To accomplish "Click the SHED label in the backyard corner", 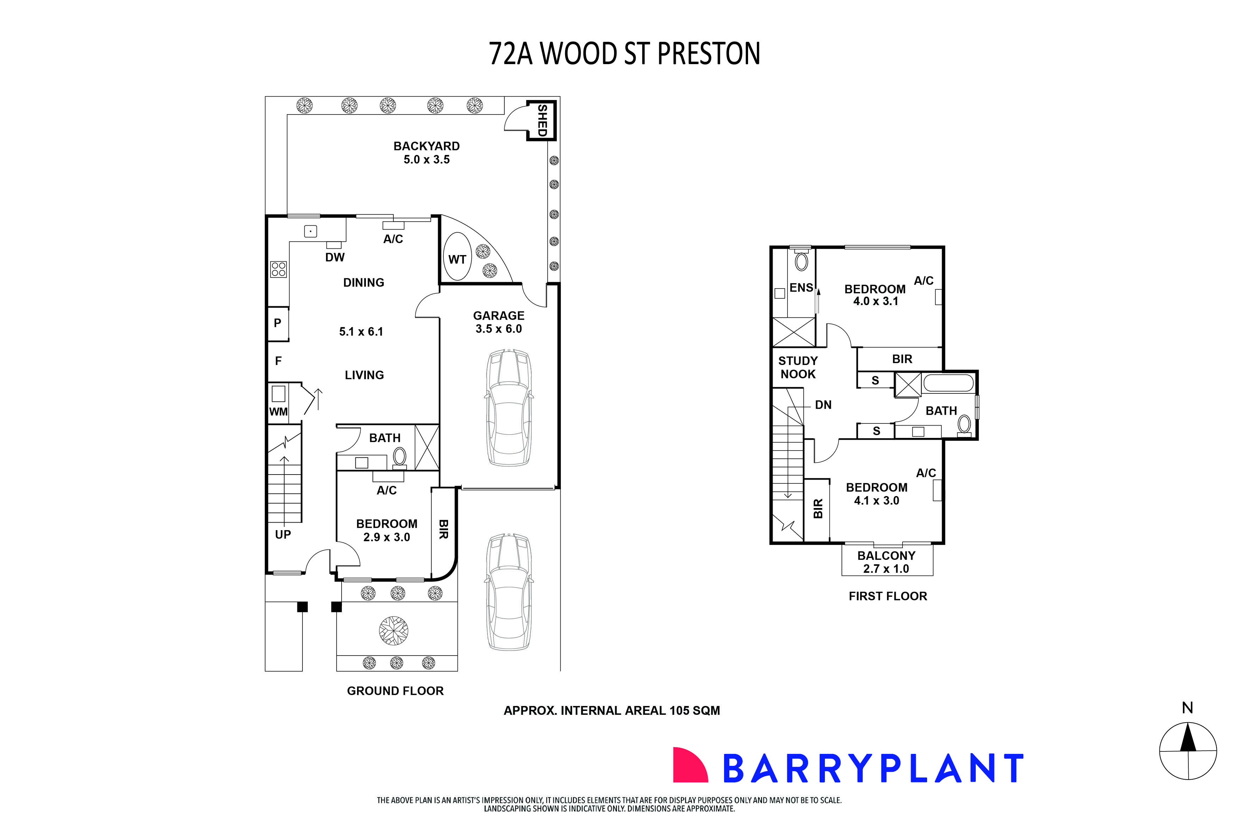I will (542, 120).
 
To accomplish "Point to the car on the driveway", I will (508, 592).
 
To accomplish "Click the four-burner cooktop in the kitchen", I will (278, 269).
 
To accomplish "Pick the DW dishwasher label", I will (334, 257).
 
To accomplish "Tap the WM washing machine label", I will (278, 411).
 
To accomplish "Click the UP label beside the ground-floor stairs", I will (283, 534).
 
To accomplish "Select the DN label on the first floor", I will (823, 405).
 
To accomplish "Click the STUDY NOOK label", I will (797, 367).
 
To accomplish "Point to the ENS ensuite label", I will (801, 287).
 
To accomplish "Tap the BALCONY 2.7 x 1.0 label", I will (886, 562).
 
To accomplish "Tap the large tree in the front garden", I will (393, 630).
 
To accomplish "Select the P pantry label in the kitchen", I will (277, 323).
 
